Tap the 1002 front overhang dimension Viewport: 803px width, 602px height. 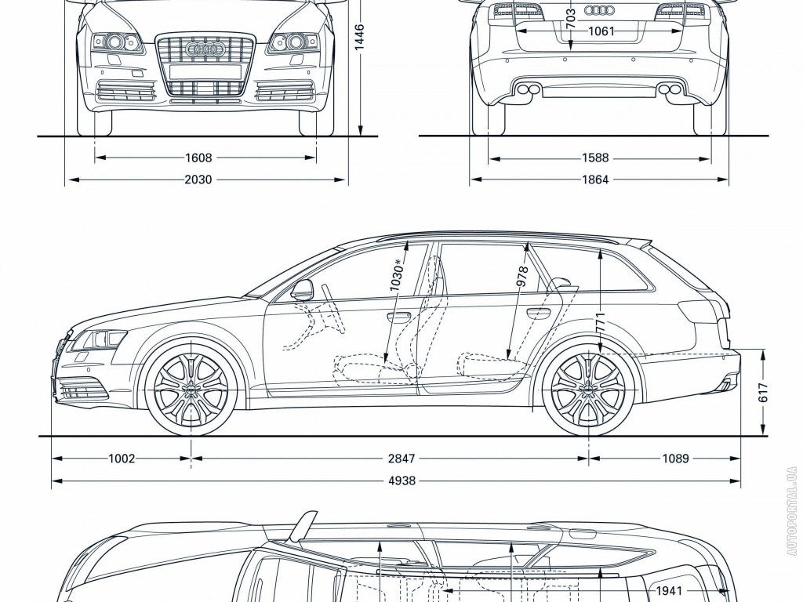tap(122, 459)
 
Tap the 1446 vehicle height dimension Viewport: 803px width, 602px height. tap(359, 37)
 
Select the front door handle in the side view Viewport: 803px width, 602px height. tap(399, 317)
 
